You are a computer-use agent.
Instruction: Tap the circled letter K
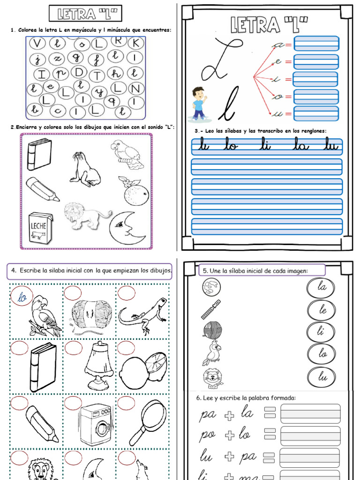pos(135,43)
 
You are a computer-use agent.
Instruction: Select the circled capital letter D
pos(79,73)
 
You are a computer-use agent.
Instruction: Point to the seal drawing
pos(85,170)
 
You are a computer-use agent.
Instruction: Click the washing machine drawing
pos(96,424)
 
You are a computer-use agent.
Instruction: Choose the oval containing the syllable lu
pos(322,377)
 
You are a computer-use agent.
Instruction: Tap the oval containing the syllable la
pos(322,287)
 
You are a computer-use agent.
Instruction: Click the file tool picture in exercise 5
pos(210,310)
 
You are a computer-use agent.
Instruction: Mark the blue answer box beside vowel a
pos(316,44)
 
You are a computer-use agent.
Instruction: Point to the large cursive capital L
pos(219,59)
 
